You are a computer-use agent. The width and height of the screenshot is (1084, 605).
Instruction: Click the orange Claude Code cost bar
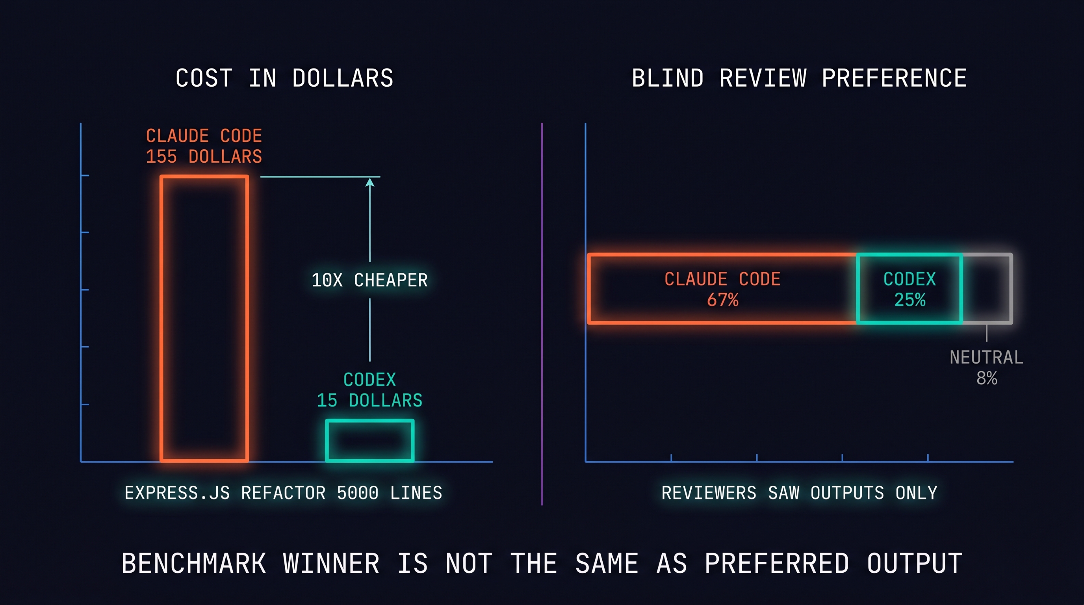[x=204, y=319]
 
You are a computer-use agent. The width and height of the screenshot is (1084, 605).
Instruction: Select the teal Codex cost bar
[x=369, y=440]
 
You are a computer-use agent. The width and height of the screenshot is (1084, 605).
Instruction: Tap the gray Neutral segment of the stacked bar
[x=987, y=289]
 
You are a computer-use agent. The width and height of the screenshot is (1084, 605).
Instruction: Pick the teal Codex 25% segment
[x=910, y=289]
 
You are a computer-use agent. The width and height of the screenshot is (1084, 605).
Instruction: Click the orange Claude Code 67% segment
[x=722, y=289]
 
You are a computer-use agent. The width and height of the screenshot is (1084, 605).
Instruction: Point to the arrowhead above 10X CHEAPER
[x=370, y=183]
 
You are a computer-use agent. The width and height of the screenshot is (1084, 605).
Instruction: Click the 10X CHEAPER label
[x=369, y=280]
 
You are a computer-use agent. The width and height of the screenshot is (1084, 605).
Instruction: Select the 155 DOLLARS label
[x=204, y=156]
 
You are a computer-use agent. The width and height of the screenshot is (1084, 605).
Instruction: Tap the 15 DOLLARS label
[x=369, y=400]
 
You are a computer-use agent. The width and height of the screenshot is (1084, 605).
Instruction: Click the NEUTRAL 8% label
[x=986, y=367]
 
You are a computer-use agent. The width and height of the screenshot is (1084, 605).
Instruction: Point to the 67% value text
[x=722, y=300]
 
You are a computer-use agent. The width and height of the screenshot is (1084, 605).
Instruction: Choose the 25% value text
[x=910, y=300]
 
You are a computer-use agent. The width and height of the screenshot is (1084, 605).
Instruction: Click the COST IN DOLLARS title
[x=284, y=78]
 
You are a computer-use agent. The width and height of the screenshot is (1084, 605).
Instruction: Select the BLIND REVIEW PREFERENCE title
[x=799, y=78]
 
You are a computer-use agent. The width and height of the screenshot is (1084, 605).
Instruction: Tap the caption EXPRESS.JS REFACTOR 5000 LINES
[x=283, y=493]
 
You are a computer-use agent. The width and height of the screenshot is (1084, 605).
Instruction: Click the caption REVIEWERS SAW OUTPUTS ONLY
[x=799, y=493]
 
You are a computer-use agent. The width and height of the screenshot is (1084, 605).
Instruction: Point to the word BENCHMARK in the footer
[x=194, y=563]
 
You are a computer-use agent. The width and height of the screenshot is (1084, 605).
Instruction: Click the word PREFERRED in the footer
[x=777, y=563]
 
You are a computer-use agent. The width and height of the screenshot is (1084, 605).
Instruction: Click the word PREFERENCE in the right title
[x=894, y=78]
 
